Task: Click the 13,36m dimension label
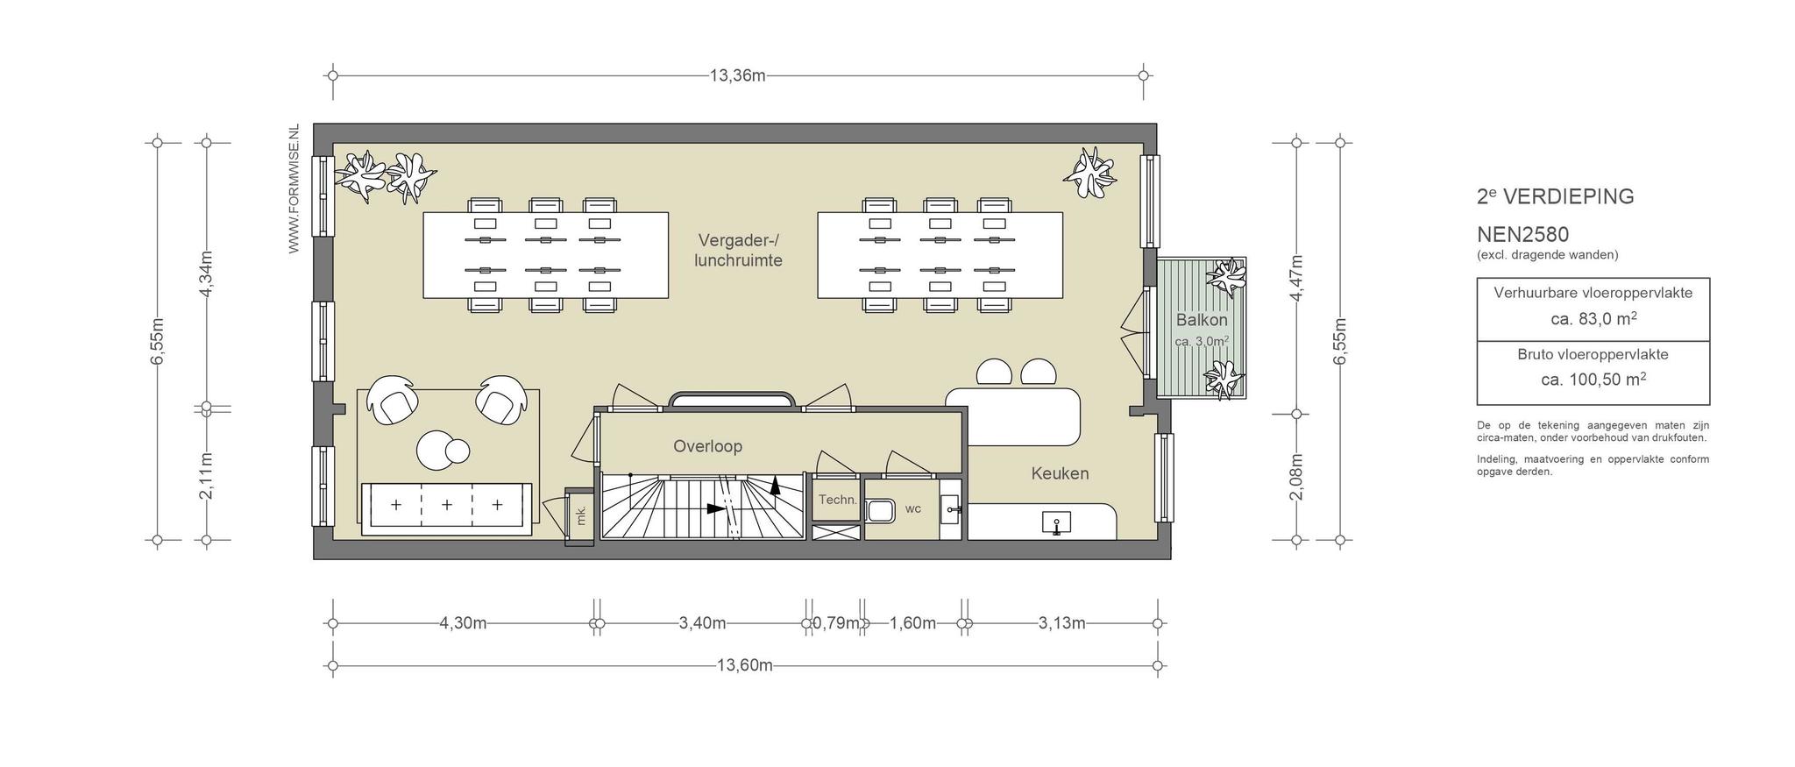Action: click(737, 75)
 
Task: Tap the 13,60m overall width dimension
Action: click(745, 665)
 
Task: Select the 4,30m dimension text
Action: click(463, 623)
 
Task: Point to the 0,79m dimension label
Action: click(835, 623)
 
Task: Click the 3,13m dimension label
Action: click(1061, 623)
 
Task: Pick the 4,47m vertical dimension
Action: click(1297, 277)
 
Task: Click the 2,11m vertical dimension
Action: click(207, 476)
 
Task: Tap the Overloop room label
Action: click(707, 446)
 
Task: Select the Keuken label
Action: click(1060, 473)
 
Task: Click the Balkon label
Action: click(1202, 320)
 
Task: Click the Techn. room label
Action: click(837, 500)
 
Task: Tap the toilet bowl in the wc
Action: click(879, 510)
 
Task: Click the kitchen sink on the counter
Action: click(1056, 523)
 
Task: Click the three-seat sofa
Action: click(447, 508)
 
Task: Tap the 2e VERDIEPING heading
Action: click(1556, 196)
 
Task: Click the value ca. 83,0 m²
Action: click(1593, 319)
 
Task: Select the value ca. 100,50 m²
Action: click(1593, 380)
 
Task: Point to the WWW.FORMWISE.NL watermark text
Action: click(294, 188)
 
